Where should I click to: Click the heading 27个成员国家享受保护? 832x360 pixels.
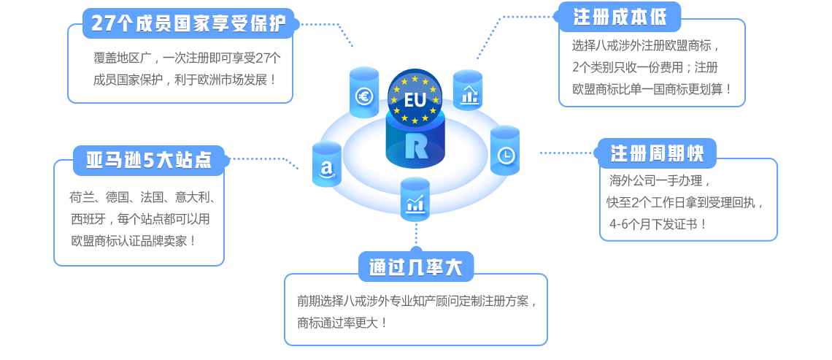pyautogui.click(x=189, y=23)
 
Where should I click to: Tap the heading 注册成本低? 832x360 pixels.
pyautogui.click(x=620, y=16)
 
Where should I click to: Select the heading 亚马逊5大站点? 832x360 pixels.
pyautogui.click(x=149, y=160)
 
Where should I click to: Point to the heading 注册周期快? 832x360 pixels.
pyautogui.click(x=657, y=153)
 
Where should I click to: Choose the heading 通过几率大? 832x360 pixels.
pyautogui.click(x=416, y=267)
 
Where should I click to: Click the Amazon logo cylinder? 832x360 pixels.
pyautogui.click(x=327, y=167)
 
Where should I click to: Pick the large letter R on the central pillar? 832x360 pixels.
pyautogui.click(x=415, y=145)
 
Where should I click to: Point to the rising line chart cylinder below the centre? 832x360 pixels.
pyautogui.click(x=415, y=202)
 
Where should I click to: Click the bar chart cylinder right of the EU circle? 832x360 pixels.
pyautogui.click(x=468, y=93)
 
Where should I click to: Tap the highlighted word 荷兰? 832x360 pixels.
pyautogui.click(x=82, y=196)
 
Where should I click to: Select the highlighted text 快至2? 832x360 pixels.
pyautogui.click(x=624, y=202)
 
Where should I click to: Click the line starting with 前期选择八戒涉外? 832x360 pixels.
pyautogui.click(x=416, y=301)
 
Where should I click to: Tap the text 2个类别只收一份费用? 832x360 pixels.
pyautogui.click(x=635, y=68)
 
